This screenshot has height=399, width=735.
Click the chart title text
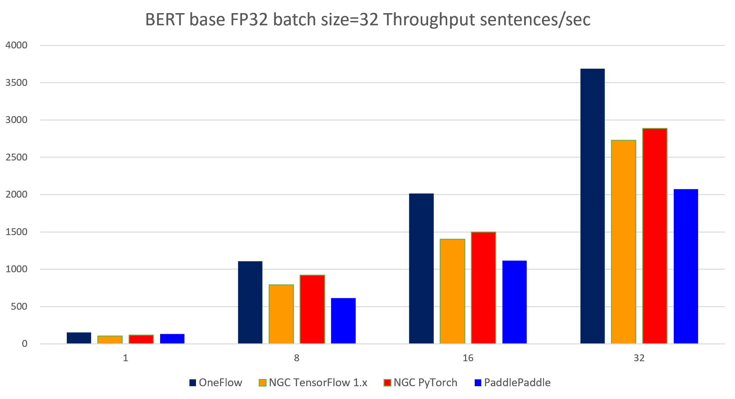pos(368,19)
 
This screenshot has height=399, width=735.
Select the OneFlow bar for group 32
pos(592,206)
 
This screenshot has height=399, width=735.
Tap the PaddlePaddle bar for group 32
pos(686,266)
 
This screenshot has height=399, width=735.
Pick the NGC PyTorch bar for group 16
pos(483,288)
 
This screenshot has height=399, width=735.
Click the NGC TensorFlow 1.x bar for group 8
pos(281,314)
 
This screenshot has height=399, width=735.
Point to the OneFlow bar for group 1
pos(79,338)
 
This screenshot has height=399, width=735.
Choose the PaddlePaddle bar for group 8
pos(343,321)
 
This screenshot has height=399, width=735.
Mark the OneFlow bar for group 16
pos(421,268)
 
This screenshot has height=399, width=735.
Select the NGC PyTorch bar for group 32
pos(655,236)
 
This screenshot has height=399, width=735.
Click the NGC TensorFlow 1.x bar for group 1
pos(110,340)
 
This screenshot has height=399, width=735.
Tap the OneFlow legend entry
pos(216,383)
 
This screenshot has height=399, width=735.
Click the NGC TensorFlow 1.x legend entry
pos(313,383)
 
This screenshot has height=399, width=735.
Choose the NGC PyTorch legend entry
pos(420,383)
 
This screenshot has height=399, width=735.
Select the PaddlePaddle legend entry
pos(512,383)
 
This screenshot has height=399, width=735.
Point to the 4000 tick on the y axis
pos(17,45)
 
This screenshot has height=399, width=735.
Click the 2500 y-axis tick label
pos(17,157)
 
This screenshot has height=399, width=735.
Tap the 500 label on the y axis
pos(19,306)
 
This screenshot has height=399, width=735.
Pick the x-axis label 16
pos(468,358)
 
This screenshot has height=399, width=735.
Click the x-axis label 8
pos(296,358)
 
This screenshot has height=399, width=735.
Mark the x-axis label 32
pos(639,358)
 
